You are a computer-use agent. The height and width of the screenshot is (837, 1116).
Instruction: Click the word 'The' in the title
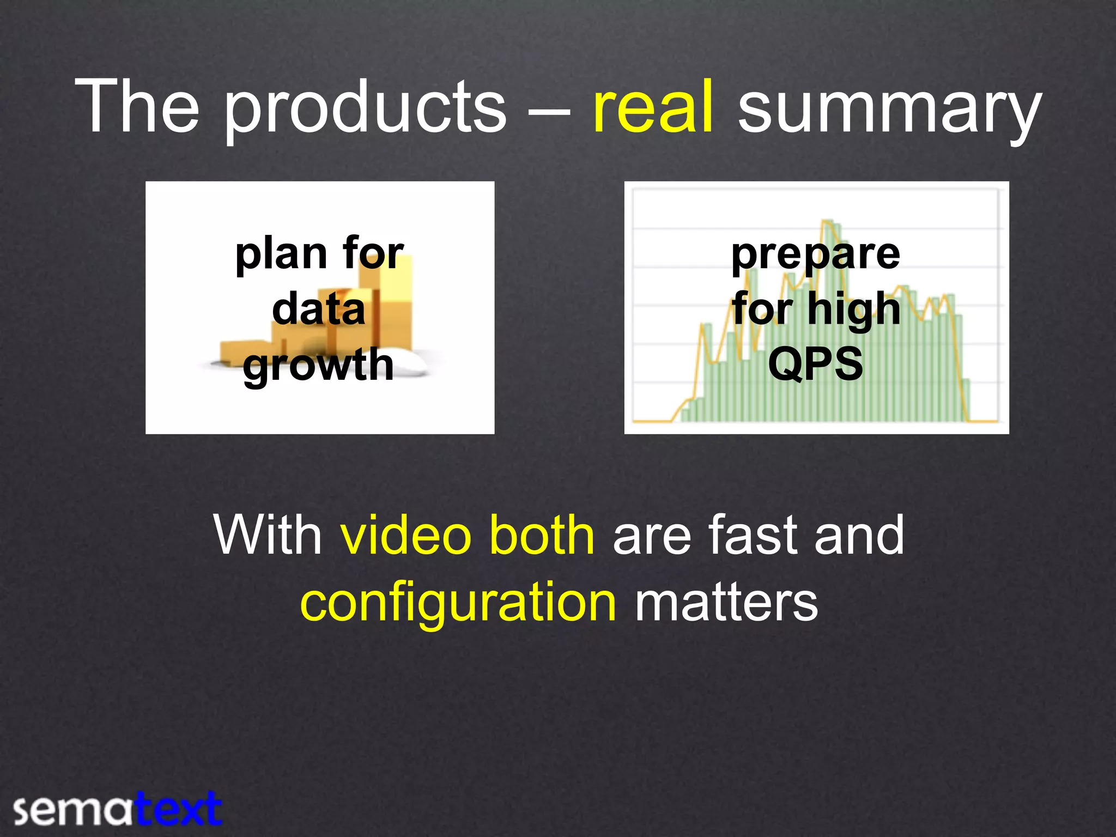(x=137, y=106)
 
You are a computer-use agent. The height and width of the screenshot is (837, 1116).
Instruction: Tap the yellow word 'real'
(x=653, y=106)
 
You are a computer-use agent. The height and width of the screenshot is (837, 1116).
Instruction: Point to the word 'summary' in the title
(x=889, y=109)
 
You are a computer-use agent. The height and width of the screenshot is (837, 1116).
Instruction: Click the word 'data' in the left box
(x=319, y=310)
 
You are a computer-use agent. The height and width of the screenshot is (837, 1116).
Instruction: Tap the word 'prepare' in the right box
(x=816, y=255)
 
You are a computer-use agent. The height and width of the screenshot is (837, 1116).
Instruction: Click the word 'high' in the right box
(x=854, y=310)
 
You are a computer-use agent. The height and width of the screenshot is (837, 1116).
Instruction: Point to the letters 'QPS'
(x=816, y=363)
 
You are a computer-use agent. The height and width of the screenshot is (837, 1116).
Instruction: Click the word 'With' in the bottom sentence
(x=268, y=535)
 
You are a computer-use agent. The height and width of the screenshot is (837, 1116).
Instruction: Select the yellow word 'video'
(x=405, y=535)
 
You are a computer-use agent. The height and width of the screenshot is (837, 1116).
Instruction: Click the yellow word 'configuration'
(x=458, y=603)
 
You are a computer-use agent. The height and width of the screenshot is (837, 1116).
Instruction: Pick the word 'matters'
(x=726, y=603)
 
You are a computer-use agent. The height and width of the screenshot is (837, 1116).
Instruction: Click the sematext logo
(x=118, y=809)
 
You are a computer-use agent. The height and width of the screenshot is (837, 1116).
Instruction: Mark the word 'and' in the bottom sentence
(x=859, y=535)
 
